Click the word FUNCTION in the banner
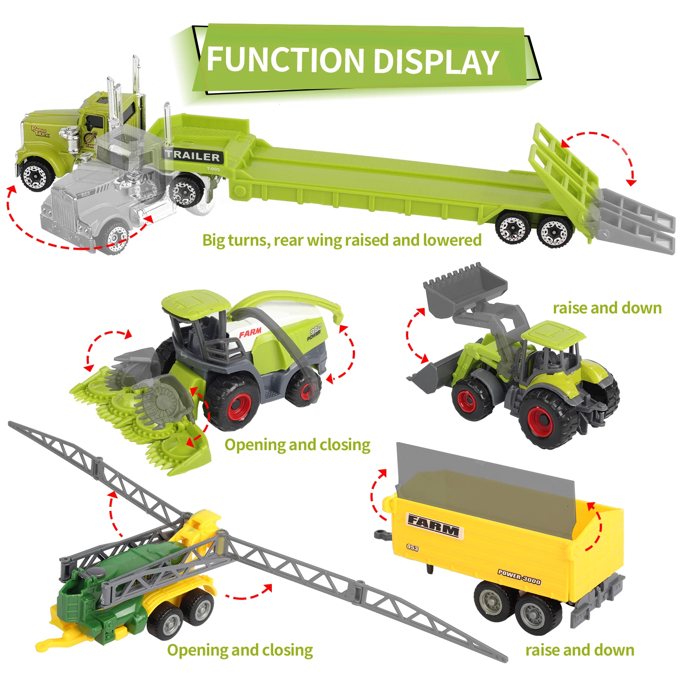pyautogui.click(x=285, y=60)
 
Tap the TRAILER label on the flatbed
pyautogui.click(x=193, y=156)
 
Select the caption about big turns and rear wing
pyautogui.click(x=342, y=240)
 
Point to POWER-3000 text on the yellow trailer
pyautogui.click(x=519, y=577)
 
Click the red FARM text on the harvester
pyautogui.click(x=250, y=332)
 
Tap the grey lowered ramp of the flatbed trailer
pyautogui.click(x=639, y=219)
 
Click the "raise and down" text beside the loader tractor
pyautogui.click(x=607, y=308)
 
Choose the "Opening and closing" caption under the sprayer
pyautogui.click(x=240, y=650)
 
